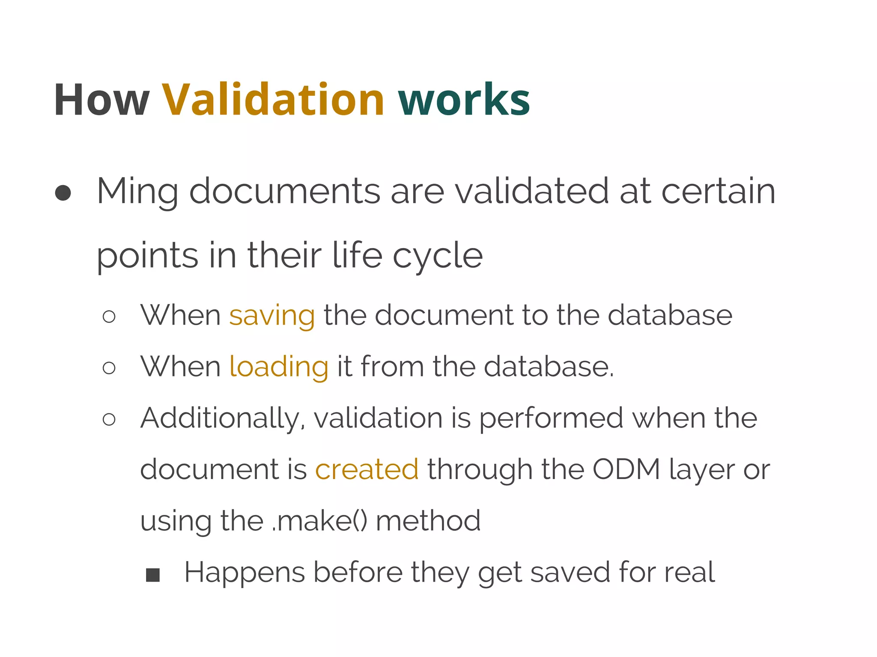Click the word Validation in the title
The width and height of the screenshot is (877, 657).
coord(273,100)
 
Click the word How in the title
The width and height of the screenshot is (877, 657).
coord(101,100)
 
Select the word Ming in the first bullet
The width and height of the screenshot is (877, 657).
coord(137,192)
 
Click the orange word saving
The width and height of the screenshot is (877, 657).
coord(272,316)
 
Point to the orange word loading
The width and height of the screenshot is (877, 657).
coord(279,367)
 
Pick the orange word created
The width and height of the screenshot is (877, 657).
coord(367,470)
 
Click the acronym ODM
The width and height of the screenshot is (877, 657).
coord(626,470)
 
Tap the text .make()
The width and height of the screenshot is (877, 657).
coord(319,521)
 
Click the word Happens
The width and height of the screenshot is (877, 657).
coord(244,572)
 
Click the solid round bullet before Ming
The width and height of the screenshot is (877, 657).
coord(63,193)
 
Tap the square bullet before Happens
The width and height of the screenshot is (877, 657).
coord(153,575)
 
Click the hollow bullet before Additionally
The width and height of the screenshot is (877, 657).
coord(109,419)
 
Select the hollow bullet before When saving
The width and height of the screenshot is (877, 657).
coord(109,317)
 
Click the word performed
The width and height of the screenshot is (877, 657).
coord(551,418)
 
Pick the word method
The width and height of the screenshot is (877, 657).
coord(428,521)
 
